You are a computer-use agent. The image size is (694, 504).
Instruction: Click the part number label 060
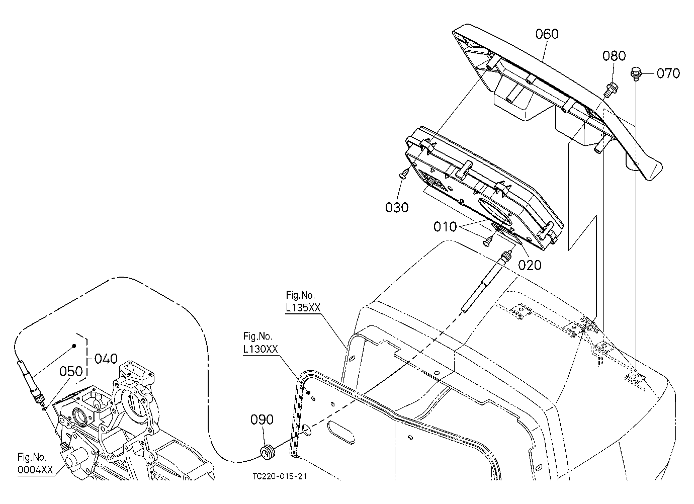[x=547, y=34]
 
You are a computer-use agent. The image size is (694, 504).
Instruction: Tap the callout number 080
[x=614, y=56]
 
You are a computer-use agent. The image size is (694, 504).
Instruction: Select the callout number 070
[x=668, y=73]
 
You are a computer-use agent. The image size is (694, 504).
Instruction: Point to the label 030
[x=397, y=208]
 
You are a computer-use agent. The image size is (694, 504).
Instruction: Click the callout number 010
[x=445, y=227]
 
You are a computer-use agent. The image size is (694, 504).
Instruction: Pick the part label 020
[x=530, y=265]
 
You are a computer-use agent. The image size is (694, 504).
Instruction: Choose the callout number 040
[x=106, y=359]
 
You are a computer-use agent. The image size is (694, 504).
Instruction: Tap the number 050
[x=71, y=371]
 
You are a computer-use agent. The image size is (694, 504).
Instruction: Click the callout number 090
[x=262, y=419]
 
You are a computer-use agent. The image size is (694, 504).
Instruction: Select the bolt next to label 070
[x=636, y=74]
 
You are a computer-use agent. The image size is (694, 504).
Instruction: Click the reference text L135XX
[x=303, y=307]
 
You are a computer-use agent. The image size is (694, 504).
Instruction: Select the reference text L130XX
[x=261, y=349]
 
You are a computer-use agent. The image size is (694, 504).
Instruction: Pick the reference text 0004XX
[x=35, y=470]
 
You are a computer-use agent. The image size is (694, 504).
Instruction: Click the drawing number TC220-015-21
[x=280, y=476]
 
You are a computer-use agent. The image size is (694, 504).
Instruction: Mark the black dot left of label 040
[x=74, y=346]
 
